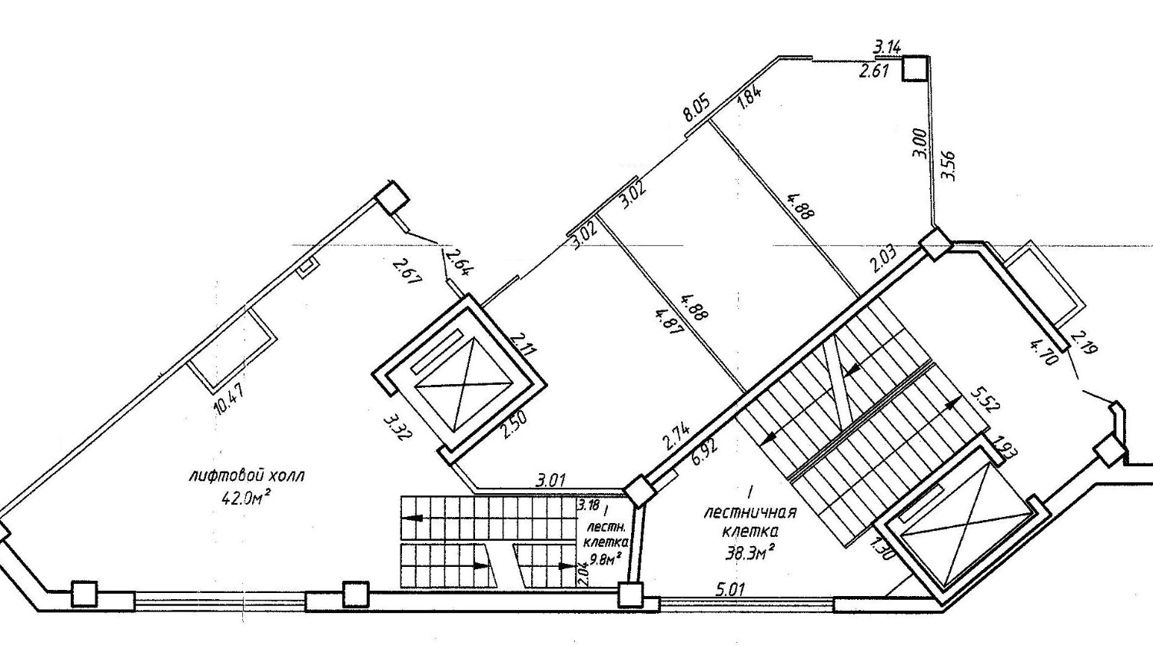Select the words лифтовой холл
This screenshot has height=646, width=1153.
tap(247, 475)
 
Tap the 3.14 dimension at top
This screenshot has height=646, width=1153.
tap(887, 48)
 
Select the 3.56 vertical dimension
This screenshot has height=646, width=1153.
tap(948, 165)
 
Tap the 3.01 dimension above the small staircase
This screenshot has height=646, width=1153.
tap(551, 481)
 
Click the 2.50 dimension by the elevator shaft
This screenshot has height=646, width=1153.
tap(514, 426)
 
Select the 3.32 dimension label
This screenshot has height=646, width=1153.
tap(398, 428)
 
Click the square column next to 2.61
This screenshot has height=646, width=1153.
tap(915, 68)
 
